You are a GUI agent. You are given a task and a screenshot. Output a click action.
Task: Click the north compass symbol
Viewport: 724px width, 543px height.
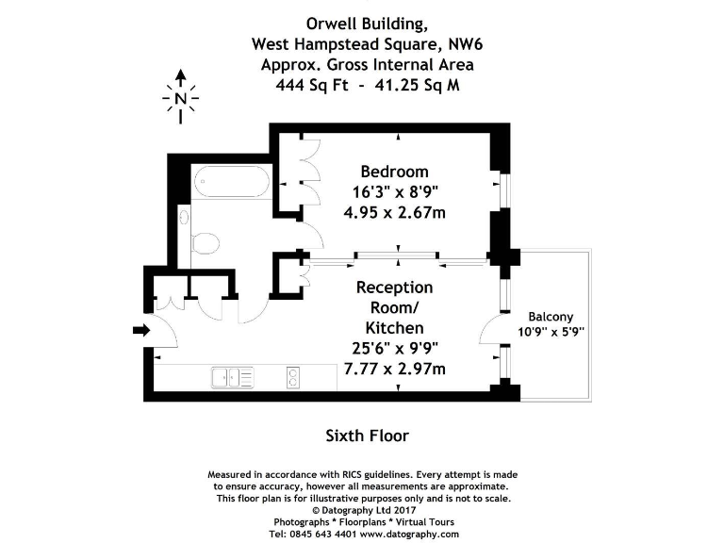(x=181, y=96)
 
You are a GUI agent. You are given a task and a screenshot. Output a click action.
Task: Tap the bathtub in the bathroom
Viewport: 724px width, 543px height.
(x=231, y=181)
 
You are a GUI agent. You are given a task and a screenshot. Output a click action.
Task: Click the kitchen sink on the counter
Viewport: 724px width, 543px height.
(x=233, y=377)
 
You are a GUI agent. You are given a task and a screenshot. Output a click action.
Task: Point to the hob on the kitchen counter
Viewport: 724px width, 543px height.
(x=292, y=377)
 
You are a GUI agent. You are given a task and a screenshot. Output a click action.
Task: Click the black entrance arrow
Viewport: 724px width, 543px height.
(x=141, y=330)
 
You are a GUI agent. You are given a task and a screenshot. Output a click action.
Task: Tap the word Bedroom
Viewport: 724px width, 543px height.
(x=394, y=172)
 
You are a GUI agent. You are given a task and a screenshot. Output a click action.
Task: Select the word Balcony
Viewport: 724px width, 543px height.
(x=551, y=317)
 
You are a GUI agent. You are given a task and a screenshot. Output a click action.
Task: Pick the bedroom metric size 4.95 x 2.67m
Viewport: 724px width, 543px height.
(x=394, y=212)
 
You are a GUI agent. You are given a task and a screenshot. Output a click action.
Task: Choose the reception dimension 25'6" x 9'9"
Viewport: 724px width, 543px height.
(x=394, y=348)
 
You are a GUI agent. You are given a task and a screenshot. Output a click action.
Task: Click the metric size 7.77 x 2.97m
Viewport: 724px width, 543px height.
(x=394, y=369)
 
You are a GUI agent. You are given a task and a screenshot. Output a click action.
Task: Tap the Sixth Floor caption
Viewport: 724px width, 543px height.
(x=367, y=436)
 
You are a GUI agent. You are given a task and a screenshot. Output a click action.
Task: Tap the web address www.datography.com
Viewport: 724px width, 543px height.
(x=409, y=534)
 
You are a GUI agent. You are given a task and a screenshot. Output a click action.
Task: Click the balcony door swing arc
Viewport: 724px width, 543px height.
(x=489, y=333)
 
